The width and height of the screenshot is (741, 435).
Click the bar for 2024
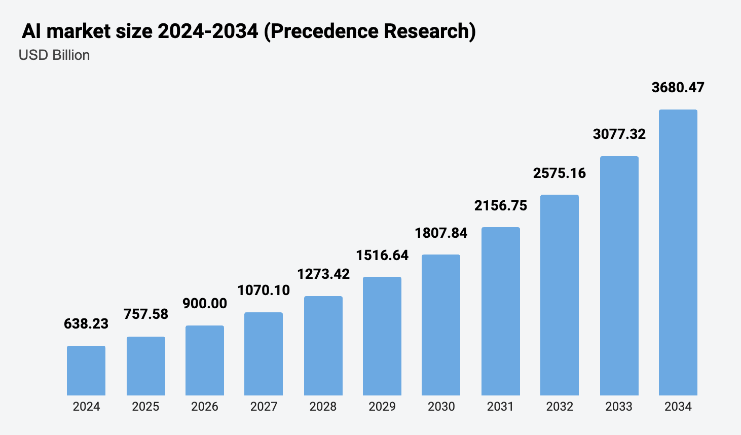pos(86,371)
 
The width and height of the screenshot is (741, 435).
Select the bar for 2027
pos(264,354)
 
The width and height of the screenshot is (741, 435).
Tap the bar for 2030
pos(441,325)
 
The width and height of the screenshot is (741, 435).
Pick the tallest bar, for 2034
pos(678,252)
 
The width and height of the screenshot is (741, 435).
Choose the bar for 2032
pos(560,295)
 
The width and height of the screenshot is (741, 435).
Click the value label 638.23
pos(86,323)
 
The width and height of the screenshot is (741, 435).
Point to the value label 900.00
pos(205,303)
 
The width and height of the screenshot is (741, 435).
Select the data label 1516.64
pos(382,255)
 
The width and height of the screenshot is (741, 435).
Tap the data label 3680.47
pos(678,87)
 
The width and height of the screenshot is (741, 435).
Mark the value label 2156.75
pos(501,205)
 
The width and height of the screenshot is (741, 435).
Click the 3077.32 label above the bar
pos(619,134)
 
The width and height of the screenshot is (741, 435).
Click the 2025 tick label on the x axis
pos(145,407)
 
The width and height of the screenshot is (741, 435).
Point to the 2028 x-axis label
pos(323,407)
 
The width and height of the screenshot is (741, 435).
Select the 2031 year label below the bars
pos(500,407)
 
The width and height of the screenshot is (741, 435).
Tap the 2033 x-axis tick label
pos(619,407)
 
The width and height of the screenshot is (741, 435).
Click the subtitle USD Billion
pos(54,55)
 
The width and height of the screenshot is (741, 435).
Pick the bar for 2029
pos(382,336)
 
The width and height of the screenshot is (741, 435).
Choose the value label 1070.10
pos(264,290)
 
